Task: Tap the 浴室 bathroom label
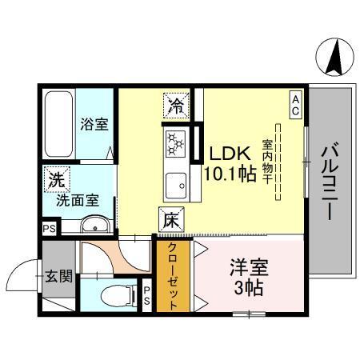click(94, 125)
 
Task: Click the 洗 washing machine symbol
click(55, 180)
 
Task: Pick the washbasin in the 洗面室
click(91, 225)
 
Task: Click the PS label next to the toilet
click(146, 295)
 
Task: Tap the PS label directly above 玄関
click(49, 227)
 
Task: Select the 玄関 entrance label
click(58, 277)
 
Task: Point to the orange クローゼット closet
click(174, 276)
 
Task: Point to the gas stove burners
click(176, 144)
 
